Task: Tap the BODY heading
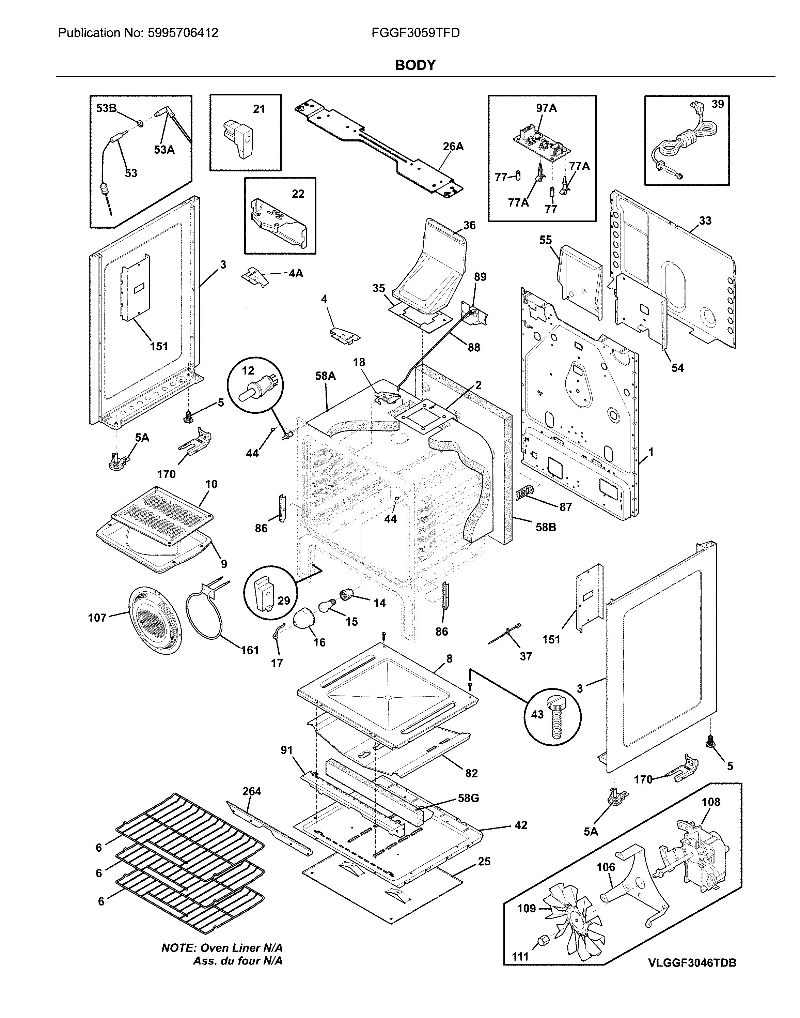[415, 65]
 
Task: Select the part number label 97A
[546, 108]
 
